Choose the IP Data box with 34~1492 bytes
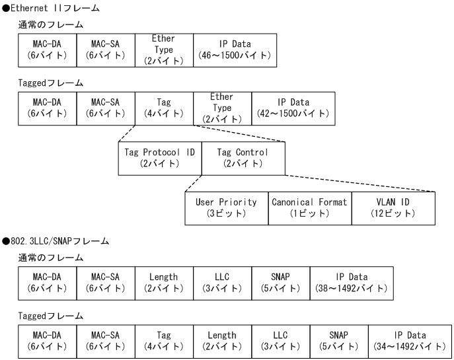coord(409,342)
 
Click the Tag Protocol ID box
coord(160,158)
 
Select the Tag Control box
coord(244,158)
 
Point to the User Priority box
coord(227,208)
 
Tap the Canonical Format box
coord(309,208)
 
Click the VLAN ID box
coord(393,208)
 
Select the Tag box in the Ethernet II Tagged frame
coord(164,108)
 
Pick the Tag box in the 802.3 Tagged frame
coord(164,342)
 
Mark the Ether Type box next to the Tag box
coord(222,108)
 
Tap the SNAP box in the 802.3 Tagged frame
coord(339,342)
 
